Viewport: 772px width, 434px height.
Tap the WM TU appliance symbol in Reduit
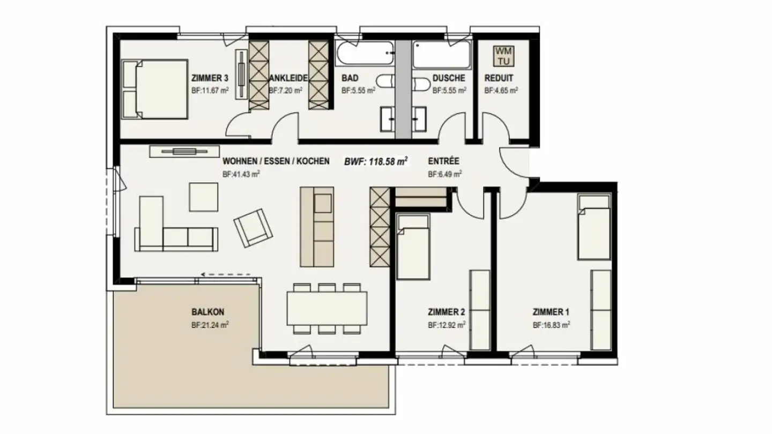coord(504,56)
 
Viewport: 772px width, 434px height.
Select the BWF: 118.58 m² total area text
coord(376,161)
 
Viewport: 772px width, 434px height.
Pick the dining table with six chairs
coord(327,308)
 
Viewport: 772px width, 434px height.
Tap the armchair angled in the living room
coord(253,227)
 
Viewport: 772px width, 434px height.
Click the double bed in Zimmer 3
coord(155,89)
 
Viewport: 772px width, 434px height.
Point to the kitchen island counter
coord(316,226)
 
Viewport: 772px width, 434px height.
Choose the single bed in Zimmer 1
coord(594,227)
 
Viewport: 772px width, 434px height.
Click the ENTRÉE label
coord(443,160)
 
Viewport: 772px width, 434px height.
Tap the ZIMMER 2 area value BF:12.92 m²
coord(446,325)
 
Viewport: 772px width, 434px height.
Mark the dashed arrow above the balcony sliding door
coord(225,275)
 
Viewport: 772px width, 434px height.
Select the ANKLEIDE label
coord(289,78)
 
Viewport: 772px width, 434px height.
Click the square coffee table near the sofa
coord(204,197)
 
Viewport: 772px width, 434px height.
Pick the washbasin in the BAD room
coord(388,118)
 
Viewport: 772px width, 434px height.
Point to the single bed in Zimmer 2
coord(413,246)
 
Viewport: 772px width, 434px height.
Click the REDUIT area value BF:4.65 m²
coord(501,91)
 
